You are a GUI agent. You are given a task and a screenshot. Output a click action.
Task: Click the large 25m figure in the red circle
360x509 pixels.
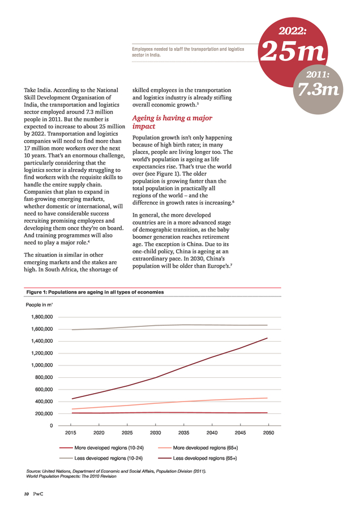(x=293, y=51)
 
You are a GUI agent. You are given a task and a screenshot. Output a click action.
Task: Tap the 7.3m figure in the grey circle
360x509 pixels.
(x=319, y=89)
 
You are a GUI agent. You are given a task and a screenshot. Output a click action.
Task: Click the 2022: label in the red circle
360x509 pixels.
(x=293, y=31)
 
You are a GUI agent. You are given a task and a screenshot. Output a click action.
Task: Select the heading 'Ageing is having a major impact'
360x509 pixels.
(x=172, y=122)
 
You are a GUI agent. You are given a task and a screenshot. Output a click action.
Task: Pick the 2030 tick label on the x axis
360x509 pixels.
(x=155, y=433)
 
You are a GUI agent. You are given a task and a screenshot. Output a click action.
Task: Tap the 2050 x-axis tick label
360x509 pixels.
(x=268, y=433)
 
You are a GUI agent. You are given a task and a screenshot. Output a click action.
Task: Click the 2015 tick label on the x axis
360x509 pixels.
(x=71, y=433)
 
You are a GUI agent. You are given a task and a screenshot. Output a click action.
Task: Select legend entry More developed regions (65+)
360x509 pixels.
(x=198, y=448)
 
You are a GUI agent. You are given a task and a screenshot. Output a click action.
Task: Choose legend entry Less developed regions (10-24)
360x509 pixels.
(x=101, y=458)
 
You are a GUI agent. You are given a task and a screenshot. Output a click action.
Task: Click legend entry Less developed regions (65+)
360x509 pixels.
(x=198, y=458)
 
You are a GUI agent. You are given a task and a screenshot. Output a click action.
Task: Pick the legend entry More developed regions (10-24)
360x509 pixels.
(x=102, y=448)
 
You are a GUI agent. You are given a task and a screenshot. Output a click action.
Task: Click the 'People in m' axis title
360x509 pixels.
(x=39, y=305)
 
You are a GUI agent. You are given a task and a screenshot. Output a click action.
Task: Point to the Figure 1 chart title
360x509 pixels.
(x=95, y=292)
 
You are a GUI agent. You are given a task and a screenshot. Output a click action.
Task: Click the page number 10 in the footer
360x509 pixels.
(x=26, y=494)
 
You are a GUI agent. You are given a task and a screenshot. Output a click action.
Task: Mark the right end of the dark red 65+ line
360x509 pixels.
(x=267, y=338)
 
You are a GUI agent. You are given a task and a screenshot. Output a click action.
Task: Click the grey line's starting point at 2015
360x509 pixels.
(x=72, y=330)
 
